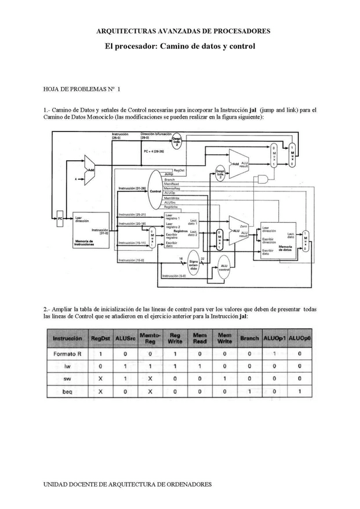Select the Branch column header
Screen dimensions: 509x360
coord(250,339)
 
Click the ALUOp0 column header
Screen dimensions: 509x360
coord(299,339)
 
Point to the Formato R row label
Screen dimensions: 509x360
coord(63,354)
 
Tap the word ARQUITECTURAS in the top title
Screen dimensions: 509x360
coord(125,31)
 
